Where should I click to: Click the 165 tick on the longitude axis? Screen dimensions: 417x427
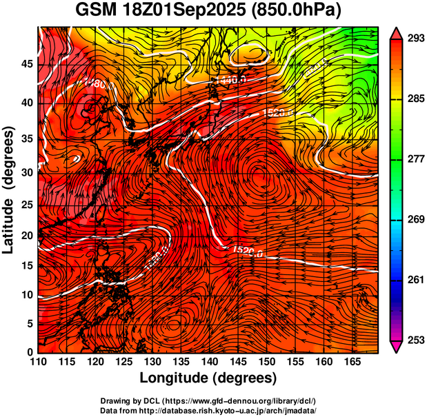tap(350, 361)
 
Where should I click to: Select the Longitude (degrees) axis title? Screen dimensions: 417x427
tap(208, 378)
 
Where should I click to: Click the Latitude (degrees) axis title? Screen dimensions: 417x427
tap(10, 190)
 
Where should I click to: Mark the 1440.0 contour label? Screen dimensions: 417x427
tap(230, 81)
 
